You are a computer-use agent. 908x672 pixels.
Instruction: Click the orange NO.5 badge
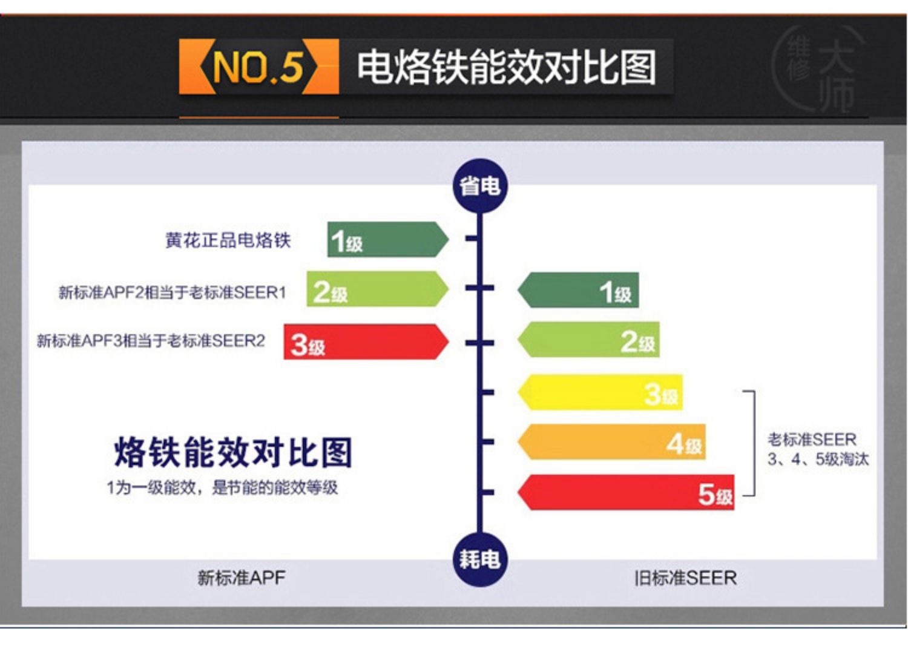[258, 67]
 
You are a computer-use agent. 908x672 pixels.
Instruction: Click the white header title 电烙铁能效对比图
[506, 67]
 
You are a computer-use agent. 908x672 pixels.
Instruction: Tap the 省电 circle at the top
[479, 186]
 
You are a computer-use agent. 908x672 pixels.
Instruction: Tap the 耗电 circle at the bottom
[479, 559]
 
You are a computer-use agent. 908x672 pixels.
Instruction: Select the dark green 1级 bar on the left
[387, 240]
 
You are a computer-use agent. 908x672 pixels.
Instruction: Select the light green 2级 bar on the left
[377, 289]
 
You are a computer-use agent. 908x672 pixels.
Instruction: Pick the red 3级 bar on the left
[366, 341]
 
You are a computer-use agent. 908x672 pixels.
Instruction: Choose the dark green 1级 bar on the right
[578, 290]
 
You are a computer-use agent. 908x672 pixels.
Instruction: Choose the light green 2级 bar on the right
[588, 340]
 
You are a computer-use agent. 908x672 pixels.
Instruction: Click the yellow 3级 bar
[600, 392]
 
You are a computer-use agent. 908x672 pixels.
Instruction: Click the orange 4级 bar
[611, 441]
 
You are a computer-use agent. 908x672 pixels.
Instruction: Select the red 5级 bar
[625, 492]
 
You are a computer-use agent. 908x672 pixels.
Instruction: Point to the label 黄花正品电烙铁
[228, 240]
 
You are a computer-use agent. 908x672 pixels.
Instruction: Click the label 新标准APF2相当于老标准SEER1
[173, 292]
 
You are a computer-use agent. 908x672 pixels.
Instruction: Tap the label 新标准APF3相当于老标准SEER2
[151, 341]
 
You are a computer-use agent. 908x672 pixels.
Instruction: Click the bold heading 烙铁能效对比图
[233, 452]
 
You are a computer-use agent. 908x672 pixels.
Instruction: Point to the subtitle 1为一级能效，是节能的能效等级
[222, 487]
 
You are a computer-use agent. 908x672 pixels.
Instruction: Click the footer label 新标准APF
[241, 578]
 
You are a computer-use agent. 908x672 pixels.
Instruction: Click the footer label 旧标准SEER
[685, 578]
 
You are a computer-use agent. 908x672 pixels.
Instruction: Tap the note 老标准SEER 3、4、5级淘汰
[818, 449]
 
